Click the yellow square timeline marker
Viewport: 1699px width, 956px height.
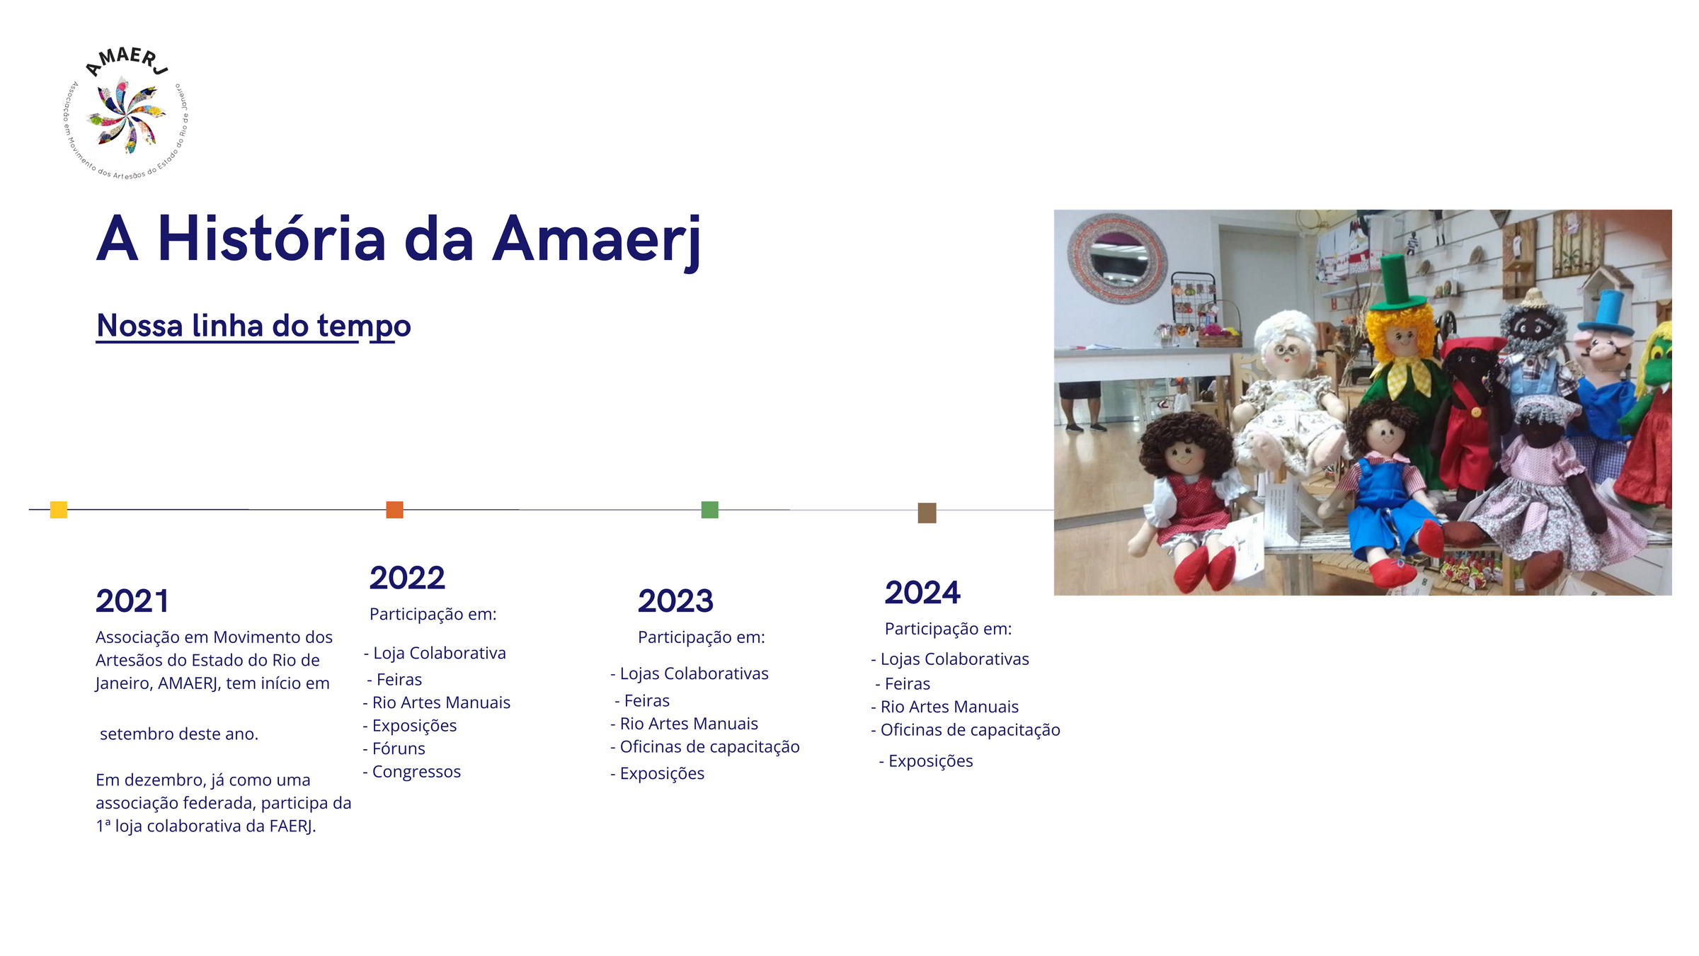pos(59,509)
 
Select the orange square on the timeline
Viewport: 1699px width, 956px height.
pos(394,509)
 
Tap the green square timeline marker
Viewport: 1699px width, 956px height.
pos(709,509)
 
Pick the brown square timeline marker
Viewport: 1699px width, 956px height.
pos(927,513)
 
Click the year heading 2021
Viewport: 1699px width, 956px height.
pos(132,601)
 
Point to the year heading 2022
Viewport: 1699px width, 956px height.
pos(407,578)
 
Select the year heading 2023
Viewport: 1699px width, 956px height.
pos(675,601)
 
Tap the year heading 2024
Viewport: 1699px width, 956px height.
pos(922,593)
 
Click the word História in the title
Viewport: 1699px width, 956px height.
pos(272,239)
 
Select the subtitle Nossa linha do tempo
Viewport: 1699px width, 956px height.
pos(253,326)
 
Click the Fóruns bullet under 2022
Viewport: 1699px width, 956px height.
pos(394,749)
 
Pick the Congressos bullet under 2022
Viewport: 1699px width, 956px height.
pos(411,772)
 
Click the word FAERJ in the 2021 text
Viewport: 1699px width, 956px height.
pos(293,826)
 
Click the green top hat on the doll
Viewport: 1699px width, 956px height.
pos(1394,282)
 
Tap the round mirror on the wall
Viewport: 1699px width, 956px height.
pos(1117,257)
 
